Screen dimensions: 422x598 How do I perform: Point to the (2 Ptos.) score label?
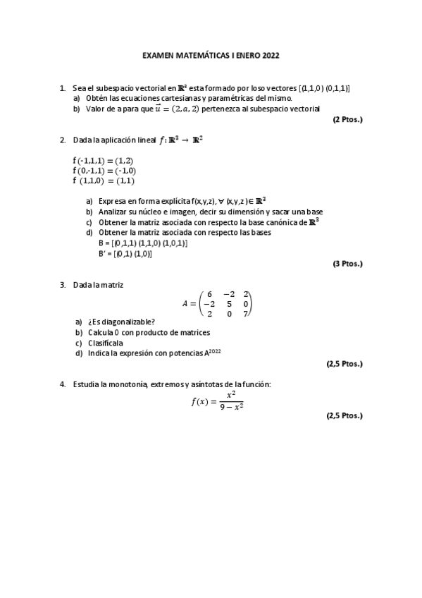click(347, 119)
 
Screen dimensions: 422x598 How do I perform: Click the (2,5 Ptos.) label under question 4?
click(344, 415)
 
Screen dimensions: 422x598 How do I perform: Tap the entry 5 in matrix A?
click(228, 304)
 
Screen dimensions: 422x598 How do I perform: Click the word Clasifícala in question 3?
click(106, 343)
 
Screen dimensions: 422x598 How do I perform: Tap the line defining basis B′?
click(125, 253)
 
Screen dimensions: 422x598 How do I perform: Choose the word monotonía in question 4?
click(125, 384)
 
